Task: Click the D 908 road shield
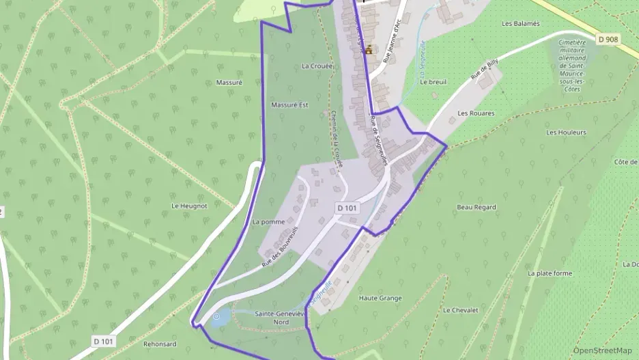[x=607, y=40]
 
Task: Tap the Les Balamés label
[x=520, y=23]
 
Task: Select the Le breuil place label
[x=433, y=81]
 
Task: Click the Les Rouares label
[x=476, y=113]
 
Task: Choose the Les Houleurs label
[x=566, y=133]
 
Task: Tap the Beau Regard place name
[x=476, y=206]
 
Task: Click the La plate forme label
[x=550, y=273]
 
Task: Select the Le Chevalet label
[x=460, y=309]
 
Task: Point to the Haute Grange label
[x=380, y=298]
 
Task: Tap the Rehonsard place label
[x=160, y=344]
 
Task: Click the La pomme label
[x=268, y=222]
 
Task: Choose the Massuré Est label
[x=289, y=105]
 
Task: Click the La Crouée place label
[x=316, y=66]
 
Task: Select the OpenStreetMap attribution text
[x=602, y=350]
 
